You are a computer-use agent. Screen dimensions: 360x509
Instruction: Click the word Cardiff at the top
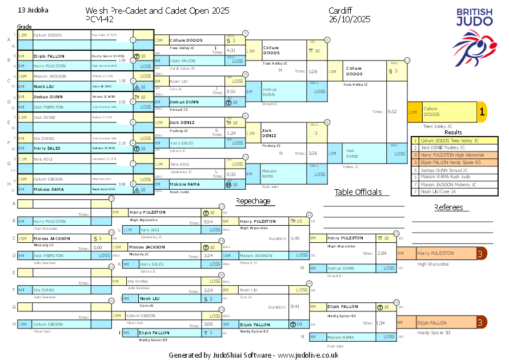(x=341, y=11)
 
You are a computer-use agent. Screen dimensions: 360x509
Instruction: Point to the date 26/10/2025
(x=350, y=19)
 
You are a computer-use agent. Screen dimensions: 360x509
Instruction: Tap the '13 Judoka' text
(x=33, y=10)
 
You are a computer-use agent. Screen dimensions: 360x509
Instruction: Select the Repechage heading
(x=253, y=201)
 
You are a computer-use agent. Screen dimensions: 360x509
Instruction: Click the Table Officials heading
(x=358, y=193)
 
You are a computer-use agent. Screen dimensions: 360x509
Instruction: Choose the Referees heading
(x=448, y=207)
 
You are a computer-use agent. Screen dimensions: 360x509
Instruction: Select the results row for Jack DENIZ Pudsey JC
(x=450, y=147)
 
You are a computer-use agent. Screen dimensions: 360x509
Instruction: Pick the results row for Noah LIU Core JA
(x=450, y=191)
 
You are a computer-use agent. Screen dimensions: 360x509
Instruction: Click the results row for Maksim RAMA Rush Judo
(x=450, y=177)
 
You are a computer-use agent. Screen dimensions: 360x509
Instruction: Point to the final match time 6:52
(x=392, y=112)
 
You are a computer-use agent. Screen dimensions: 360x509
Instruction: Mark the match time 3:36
(x=313, y=153)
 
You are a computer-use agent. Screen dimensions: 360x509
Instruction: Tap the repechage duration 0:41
(x=295, y=306)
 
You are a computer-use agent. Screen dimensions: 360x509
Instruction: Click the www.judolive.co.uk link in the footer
(x=308, y=355)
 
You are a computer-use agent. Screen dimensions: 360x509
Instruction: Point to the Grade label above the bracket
(x=24, y=27)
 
